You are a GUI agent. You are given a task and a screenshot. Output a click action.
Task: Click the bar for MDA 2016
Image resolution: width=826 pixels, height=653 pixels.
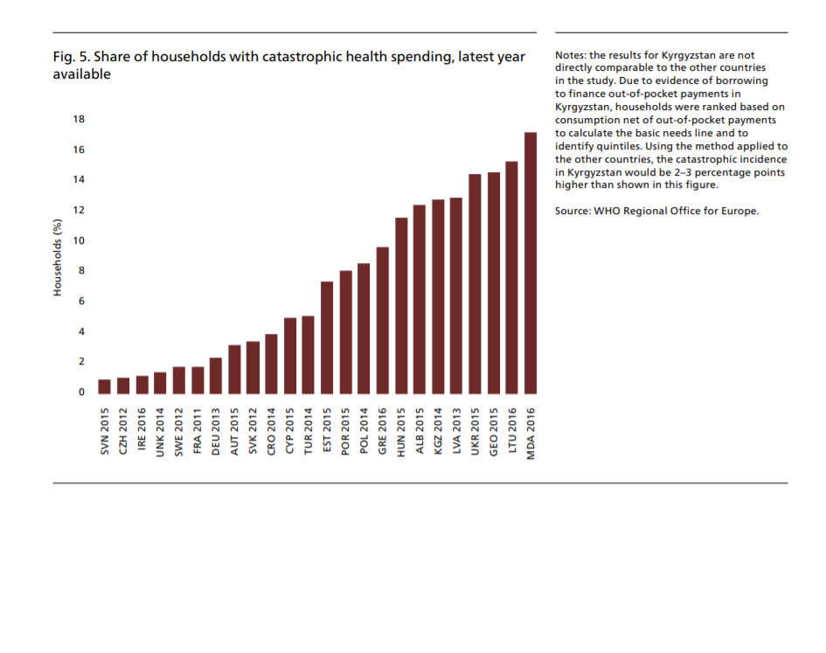point(531,263)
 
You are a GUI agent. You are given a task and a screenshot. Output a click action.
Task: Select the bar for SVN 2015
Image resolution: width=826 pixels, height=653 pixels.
point(105,386)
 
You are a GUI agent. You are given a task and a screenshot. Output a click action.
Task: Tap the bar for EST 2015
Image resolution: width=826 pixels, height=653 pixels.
point(327,337)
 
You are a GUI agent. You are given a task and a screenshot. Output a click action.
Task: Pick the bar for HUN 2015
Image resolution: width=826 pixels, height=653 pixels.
point(401,306)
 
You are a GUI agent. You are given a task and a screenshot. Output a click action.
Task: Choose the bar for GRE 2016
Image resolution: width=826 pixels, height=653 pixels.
point(383,321)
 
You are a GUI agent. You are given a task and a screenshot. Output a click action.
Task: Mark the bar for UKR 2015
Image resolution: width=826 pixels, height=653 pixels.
point(475,284)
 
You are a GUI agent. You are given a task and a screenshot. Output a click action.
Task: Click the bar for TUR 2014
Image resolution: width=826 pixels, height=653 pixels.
point(309,355)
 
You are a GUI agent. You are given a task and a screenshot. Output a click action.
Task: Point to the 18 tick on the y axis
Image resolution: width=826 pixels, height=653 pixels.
point(80,120)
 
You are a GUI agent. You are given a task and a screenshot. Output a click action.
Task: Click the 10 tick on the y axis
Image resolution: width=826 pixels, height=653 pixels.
point(80,241)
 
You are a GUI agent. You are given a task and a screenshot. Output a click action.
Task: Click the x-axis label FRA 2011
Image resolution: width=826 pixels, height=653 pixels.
point(198,430)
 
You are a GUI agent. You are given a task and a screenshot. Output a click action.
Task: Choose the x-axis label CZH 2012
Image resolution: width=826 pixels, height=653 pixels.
point(123,430)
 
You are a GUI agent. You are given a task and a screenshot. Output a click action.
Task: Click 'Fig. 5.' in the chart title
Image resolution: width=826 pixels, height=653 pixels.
point(71,58)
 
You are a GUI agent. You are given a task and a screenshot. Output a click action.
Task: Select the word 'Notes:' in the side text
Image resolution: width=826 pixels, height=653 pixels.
point(572,56)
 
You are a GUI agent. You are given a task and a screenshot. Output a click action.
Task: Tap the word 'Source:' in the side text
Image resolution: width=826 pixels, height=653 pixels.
point(573,212)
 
